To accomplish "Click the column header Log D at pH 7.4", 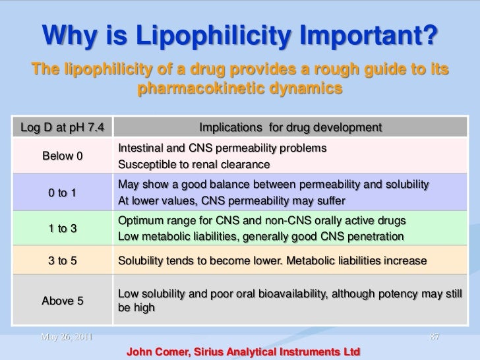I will (58, 126).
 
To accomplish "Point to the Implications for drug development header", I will (290, 126).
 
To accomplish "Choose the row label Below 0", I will (63, 156).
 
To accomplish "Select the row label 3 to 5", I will (63, 261).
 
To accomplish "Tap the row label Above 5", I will (63, 301).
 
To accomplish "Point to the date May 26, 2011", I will (66, 338).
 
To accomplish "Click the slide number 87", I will (434, 338).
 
